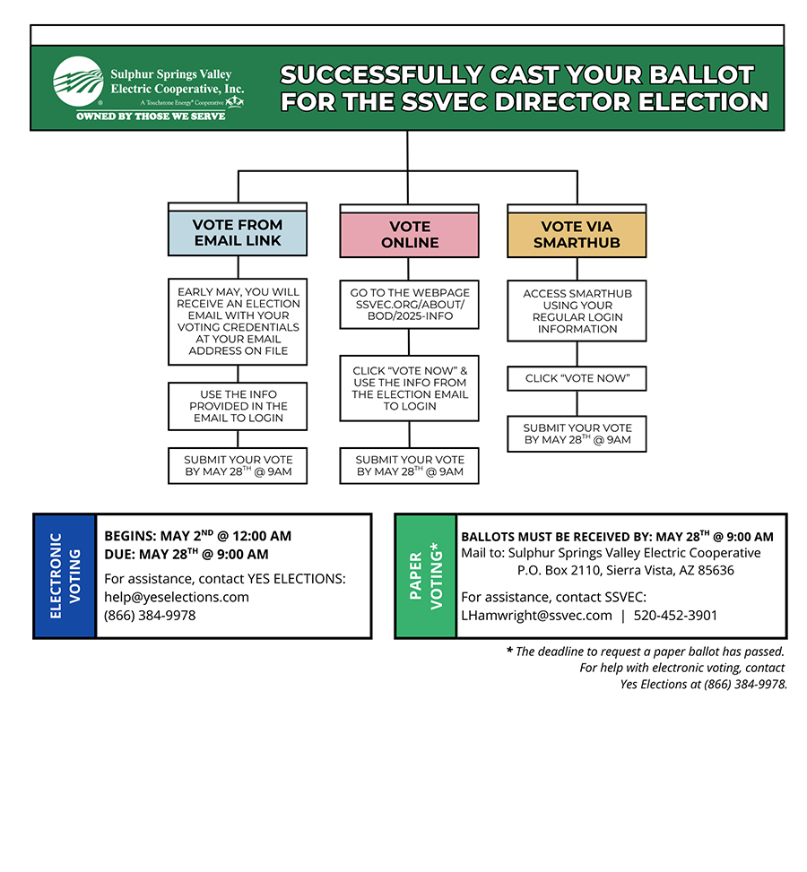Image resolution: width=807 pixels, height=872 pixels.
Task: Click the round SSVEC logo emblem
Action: click(78, 82)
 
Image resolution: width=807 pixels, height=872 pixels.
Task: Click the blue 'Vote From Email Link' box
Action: click(238, 233)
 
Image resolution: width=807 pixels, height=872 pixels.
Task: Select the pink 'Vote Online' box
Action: click(409, 235)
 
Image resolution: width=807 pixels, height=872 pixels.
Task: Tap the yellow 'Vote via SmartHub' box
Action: click(577, 235)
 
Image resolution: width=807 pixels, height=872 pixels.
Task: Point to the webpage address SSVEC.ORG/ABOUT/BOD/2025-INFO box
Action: click(409, 304)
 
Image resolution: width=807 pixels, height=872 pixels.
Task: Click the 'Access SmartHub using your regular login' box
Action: click(577, 311)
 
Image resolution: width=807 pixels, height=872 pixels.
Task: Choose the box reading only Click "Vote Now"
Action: click(577, 378)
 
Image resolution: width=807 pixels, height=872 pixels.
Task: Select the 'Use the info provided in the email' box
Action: click(238, 406)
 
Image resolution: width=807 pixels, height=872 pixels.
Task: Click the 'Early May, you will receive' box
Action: click(238, 322)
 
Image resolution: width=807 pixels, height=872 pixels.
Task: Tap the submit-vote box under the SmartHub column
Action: click(577, 434)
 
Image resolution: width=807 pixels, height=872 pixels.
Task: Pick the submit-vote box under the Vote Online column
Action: click(409, 465)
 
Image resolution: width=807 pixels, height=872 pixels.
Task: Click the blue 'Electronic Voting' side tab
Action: click(65, 575)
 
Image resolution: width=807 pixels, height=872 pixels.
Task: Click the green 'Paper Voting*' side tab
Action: click(426, 575)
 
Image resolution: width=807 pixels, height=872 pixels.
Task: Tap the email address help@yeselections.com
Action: click(177, 597)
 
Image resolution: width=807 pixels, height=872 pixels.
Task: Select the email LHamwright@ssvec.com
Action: click(536, 615)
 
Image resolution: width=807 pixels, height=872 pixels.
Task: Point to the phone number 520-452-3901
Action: click(675, 615)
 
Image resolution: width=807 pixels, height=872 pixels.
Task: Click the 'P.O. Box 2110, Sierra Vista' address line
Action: click(626, 570)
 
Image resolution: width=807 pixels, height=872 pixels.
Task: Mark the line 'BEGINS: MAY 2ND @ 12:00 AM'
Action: click(197, 536)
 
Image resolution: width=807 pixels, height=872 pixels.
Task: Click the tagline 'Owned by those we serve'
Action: click(151, 116)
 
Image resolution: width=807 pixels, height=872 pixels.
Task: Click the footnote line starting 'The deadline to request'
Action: click(646, 652)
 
